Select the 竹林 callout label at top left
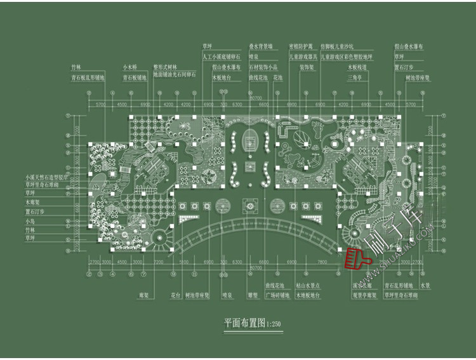point(77,66)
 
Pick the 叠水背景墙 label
point(261,46)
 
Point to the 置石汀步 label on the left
point(33,211)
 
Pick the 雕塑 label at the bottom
point(253,295)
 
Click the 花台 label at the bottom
point(176,295)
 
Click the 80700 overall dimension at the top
point(256,98)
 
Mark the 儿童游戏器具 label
point(304,57)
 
